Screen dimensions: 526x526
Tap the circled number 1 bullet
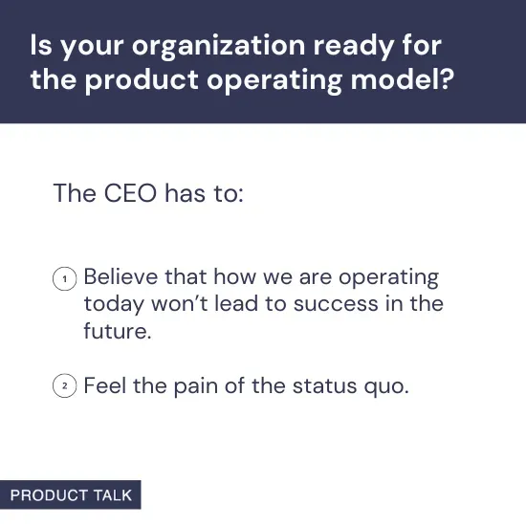point(64,279)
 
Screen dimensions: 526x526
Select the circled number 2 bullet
point(64,387)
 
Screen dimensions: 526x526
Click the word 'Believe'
point(120,277)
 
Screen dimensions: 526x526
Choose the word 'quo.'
point(389,387)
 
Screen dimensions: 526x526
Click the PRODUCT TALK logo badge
point(71,495)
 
